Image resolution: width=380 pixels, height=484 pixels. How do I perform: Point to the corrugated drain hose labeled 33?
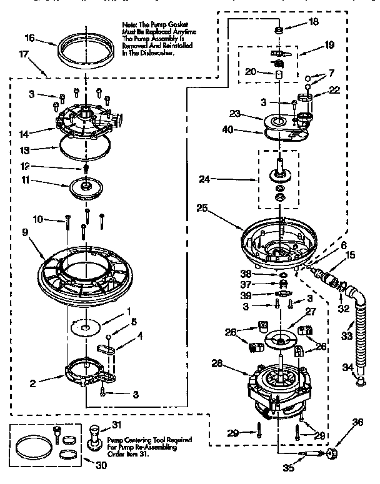358,337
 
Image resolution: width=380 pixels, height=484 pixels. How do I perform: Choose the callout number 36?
357,423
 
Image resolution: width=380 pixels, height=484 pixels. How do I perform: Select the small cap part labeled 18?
279,31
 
